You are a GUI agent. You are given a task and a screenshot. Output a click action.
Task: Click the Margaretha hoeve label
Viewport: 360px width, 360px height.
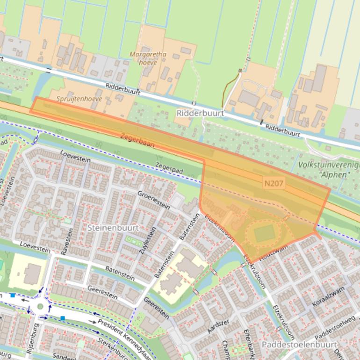[x=148, y=58]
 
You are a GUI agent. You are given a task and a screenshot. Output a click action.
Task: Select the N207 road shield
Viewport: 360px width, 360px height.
[x=273, y=184]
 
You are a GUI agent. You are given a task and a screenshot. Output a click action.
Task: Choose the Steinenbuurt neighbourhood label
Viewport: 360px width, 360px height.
[x=113, y=228]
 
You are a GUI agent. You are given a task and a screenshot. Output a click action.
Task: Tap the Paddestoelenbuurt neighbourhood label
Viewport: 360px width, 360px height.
[x=299, y=345]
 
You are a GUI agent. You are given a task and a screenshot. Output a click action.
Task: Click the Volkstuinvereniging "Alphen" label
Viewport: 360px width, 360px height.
[x=328, y=170]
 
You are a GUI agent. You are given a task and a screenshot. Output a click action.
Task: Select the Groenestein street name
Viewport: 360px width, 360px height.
[x=153, y=199]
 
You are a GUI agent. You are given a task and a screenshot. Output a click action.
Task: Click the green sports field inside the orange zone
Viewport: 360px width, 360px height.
[x=264, y=233]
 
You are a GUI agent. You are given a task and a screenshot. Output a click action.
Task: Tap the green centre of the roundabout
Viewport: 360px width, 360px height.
[x=40, y=307]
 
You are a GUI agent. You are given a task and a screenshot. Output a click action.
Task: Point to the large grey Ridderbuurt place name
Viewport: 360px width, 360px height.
[x=200, y=113]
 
